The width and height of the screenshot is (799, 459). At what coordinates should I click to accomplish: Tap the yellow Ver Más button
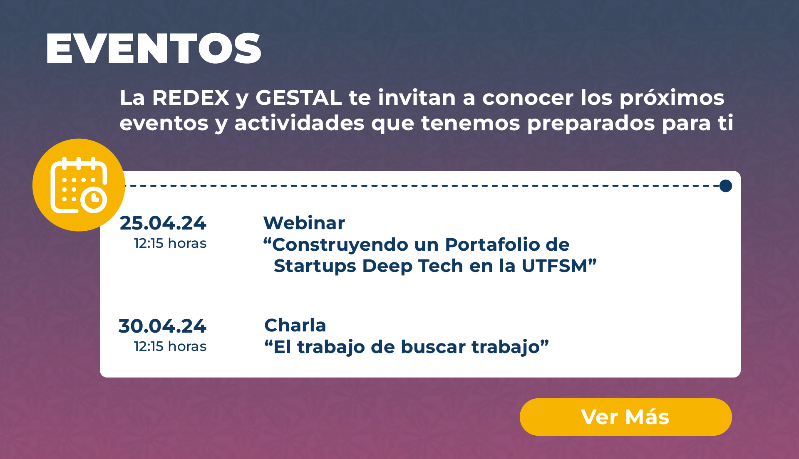625,417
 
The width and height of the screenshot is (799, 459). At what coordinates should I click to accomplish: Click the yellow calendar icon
79,185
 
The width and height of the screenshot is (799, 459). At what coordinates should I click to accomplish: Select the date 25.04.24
163,223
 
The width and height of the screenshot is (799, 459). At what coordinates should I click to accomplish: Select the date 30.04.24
162,326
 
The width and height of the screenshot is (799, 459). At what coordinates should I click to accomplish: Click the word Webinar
304,223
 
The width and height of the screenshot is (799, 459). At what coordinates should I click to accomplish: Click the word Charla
295,326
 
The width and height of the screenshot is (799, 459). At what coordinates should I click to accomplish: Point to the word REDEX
191,98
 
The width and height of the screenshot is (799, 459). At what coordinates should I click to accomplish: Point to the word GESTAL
299,98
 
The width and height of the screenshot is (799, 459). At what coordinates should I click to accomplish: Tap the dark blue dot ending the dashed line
726,186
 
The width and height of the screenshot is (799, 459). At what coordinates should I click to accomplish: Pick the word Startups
315,267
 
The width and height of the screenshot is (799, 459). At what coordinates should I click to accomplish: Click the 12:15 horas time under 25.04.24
170,243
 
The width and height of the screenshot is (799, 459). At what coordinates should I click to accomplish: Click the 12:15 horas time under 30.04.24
170,346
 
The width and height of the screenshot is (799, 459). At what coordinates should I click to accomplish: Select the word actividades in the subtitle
300,123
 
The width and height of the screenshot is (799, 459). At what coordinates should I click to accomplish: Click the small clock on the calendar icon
94,200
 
